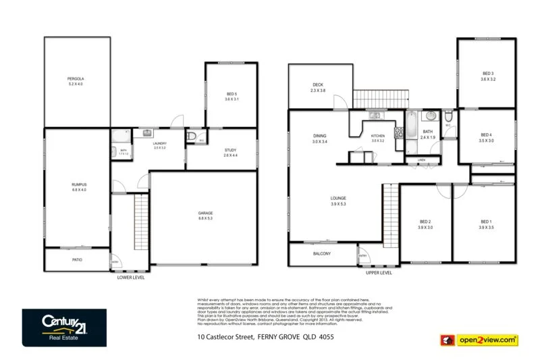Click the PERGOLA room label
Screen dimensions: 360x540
(76, 79)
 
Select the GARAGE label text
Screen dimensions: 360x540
(205, 213)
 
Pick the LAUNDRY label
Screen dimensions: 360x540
(160, 143)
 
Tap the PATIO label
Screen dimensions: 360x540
(78, 259)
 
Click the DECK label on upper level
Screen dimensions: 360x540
(318, 85)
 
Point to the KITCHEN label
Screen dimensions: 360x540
(377, 136)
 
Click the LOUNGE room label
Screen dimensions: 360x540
(338, 198)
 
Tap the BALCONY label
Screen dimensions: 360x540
(322, 253)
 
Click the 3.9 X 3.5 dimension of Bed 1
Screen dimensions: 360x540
(487, 228)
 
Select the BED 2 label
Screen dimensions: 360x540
(425, 222)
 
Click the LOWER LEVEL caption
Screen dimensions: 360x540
(131, 277)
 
